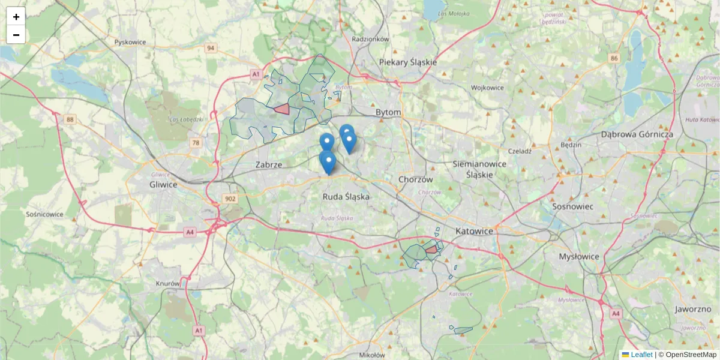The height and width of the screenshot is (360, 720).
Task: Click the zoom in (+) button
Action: click(x=16, y=17)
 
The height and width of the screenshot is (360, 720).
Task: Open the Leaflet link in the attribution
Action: click(x=641, y=355)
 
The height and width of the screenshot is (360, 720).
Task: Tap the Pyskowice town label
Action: click(x=130, y=43)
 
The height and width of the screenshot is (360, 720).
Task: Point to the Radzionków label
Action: click(x=371, y=39)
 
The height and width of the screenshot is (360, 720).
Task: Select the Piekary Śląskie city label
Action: click(x=408, y=62)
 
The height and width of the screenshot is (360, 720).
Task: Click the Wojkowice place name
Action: click(x=487, y=88)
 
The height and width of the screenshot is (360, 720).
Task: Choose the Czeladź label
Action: click(x=520, y=151)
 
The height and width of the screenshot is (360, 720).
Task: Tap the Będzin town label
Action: click(x=570, y=145)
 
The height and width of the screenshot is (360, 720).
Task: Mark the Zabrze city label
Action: click(x=268, y=164)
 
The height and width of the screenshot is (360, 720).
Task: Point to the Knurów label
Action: click(x=167, y=283)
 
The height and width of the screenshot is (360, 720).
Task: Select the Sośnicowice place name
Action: click(x=45, y=214)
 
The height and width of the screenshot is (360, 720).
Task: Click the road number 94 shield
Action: click(x=210, y=48)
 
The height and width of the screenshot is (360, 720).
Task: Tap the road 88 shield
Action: click(x=71, y=120)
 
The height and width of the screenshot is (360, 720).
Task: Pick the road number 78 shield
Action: click(x=196, y=143)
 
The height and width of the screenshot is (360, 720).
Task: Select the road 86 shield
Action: click(x=613, y=58)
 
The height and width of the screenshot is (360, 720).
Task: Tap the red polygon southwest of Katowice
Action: click(x=431, y=250)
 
